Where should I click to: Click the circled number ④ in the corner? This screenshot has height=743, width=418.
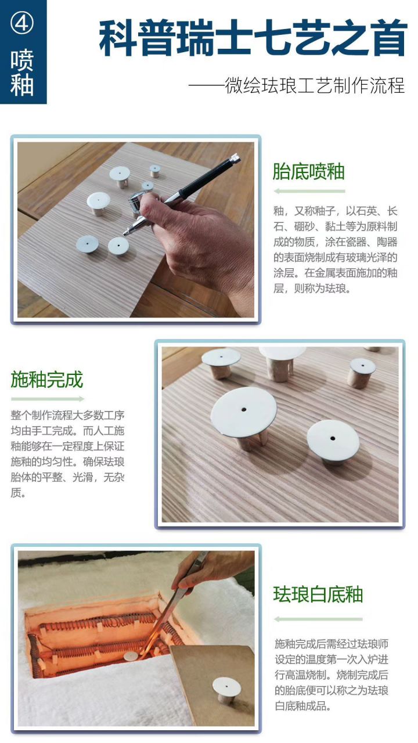22,23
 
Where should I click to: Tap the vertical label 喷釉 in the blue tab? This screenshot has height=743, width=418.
22,73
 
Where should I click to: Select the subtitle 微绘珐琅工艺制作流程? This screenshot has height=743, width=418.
296,85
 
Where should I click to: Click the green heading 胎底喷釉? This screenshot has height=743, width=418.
309,172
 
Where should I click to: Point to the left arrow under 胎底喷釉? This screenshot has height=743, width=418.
309,191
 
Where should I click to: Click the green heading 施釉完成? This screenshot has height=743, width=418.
47,380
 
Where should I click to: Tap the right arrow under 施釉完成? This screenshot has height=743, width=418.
47,399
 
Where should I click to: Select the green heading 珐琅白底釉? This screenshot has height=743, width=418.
318,594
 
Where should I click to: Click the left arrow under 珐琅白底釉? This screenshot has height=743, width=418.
318,619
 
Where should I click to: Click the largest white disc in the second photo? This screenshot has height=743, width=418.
243,413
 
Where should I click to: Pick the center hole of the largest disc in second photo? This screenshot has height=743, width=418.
244,410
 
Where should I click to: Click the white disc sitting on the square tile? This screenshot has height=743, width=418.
226,686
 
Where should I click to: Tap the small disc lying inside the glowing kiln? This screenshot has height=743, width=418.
131,655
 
